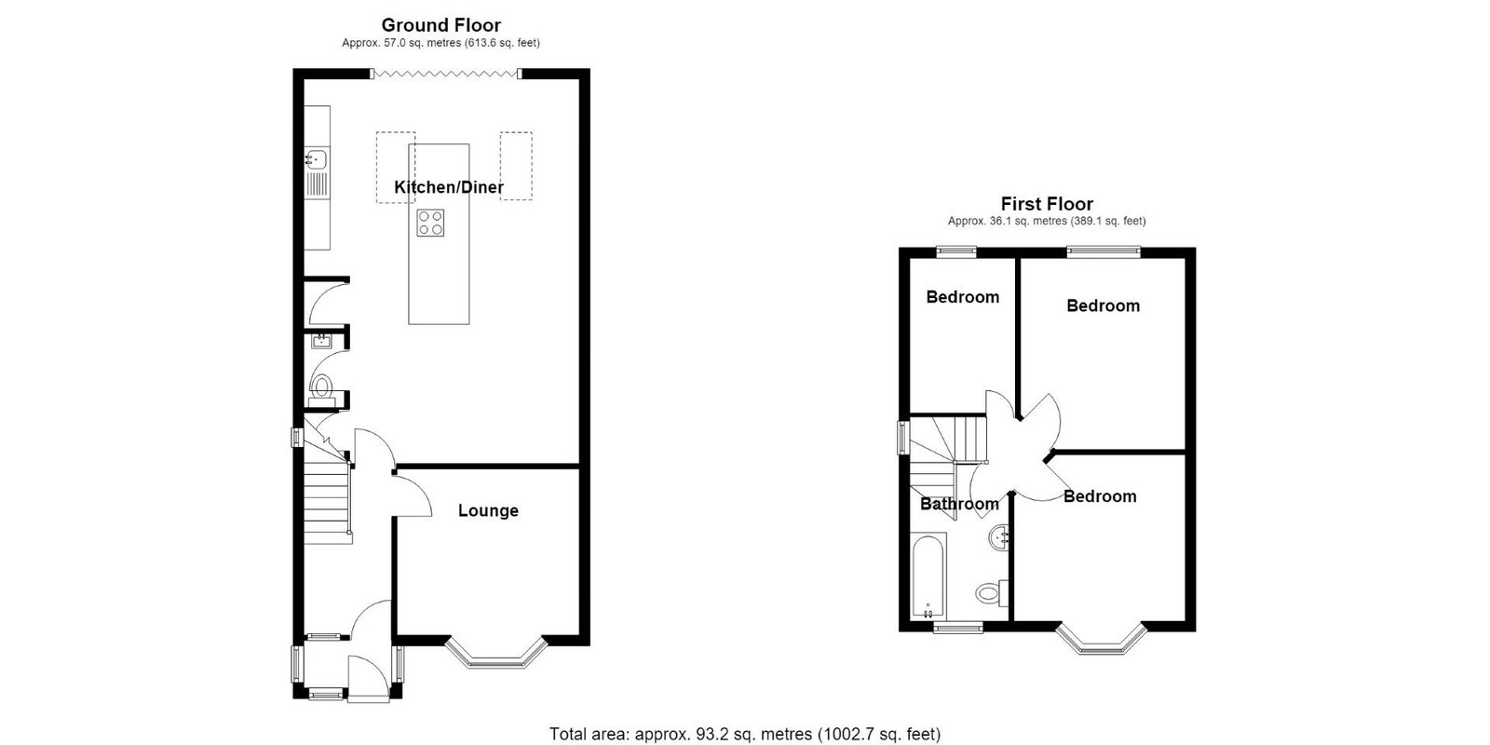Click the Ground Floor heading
click(x=440, y=25)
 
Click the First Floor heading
click(x=1047, y=204)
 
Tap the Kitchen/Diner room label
click(x=448, y=187)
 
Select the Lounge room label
click(x=488, y=510)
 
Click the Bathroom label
click(x=959, y=504)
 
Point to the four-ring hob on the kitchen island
click(x=430, y=223)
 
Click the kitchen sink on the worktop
click(x=317, y=159)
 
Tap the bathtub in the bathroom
click(x=928, y=576)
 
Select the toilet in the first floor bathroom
click(x=993, y=592)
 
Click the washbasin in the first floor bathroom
click(x=1000, y=537)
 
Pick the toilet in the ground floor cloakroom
click(x=321, y=388)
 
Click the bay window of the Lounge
click(x=497, y=653)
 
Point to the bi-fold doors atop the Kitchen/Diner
click(x=446, y=74)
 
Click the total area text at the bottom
click(x=745, y=735)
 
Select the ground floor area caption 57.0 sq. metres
click(x=440, y=43)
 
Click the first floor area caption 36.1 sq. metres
click(x=1047, y=221)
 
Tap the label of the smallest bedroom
click(x=963, y=297)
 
